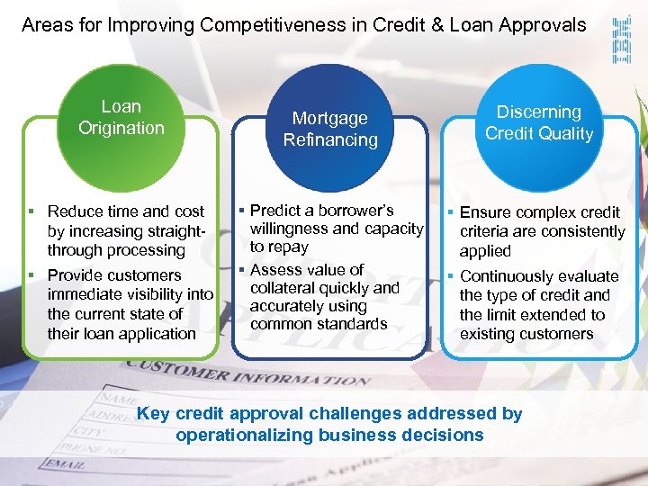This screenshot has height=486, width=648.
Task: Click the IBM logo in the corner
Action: [621, 40]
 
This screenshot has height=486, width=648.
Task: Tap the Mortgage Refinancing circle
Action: [330, 129]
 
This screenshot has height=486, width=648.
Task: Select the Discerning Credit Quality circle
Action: [539, 123]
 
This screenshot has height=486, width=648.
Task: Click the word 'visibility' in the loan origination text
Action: [159, 294]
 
